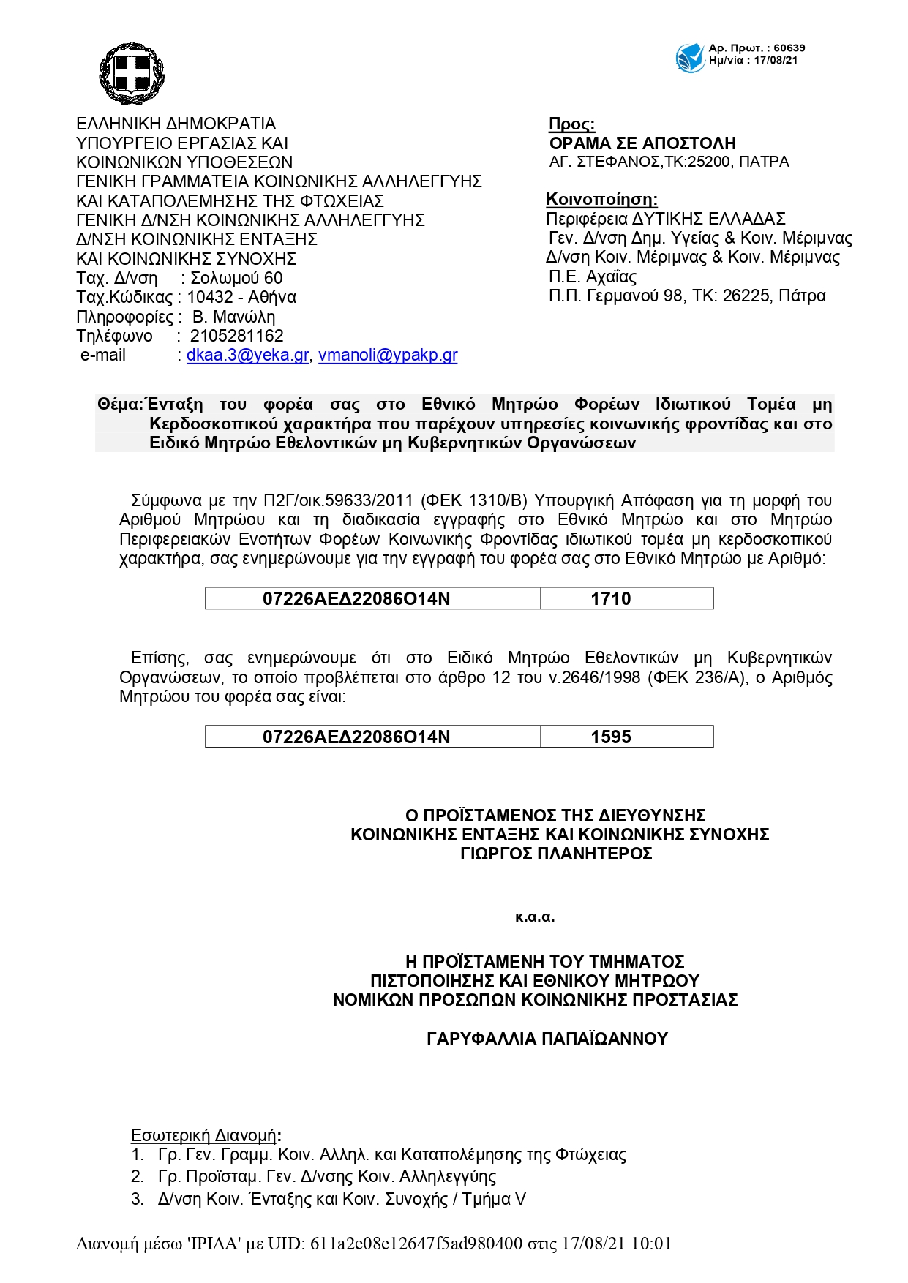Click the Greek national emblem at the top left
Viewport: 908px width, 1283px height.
click(x=132, y=73)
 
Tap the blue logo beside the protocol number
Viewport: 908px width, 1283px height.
click(x=690, y=57)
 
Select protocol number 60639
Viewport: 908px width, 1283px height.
click(x=789, y=48)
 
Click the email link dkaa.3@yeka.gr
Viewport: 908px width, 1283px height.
click(x=247, y=355)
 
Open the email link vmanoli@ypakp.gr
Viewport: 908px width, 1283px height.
click(x=388, y=355)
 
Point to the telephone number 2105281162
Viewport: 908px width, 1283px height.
click(x=236, y=336)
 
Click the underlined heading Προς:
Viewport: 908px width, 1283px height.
click(x=571, y=124)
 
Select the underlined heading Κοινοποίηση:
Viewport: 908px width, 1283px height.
click(x=601, y=200)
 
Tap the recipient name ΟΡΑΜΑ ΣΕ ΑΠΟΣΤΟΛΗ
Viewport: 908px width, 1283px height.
click(x=642, y=143)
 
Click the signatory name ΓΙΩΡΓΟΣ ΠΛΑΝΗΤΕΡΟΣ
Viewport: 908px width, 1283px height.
click(x=556, y=854)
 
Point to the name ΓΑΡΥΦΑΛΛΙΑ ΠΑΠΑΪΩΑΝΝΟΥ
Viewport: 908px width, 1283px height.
click(x=547, y=1039)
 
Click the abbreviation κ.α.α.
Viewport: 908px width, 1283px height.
click(x=535, y=917)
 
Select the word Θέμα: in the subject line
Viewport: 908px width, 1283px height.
click(x=120, y=405)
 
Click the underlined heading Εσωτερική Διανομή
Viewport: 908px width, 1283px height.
click(x=203, y=1135)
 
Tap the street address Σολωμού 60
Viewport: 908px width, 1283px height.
click(x=236, y=278)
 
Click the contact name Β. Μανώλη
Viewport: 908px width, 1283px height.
click(x=233, y=317)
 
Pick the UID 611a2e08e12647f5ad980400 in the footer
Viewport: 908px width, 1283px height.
click(x=416, y=1244)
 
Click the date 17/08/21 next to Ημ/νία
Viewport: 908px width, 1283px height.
click(x=776, y=61)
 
